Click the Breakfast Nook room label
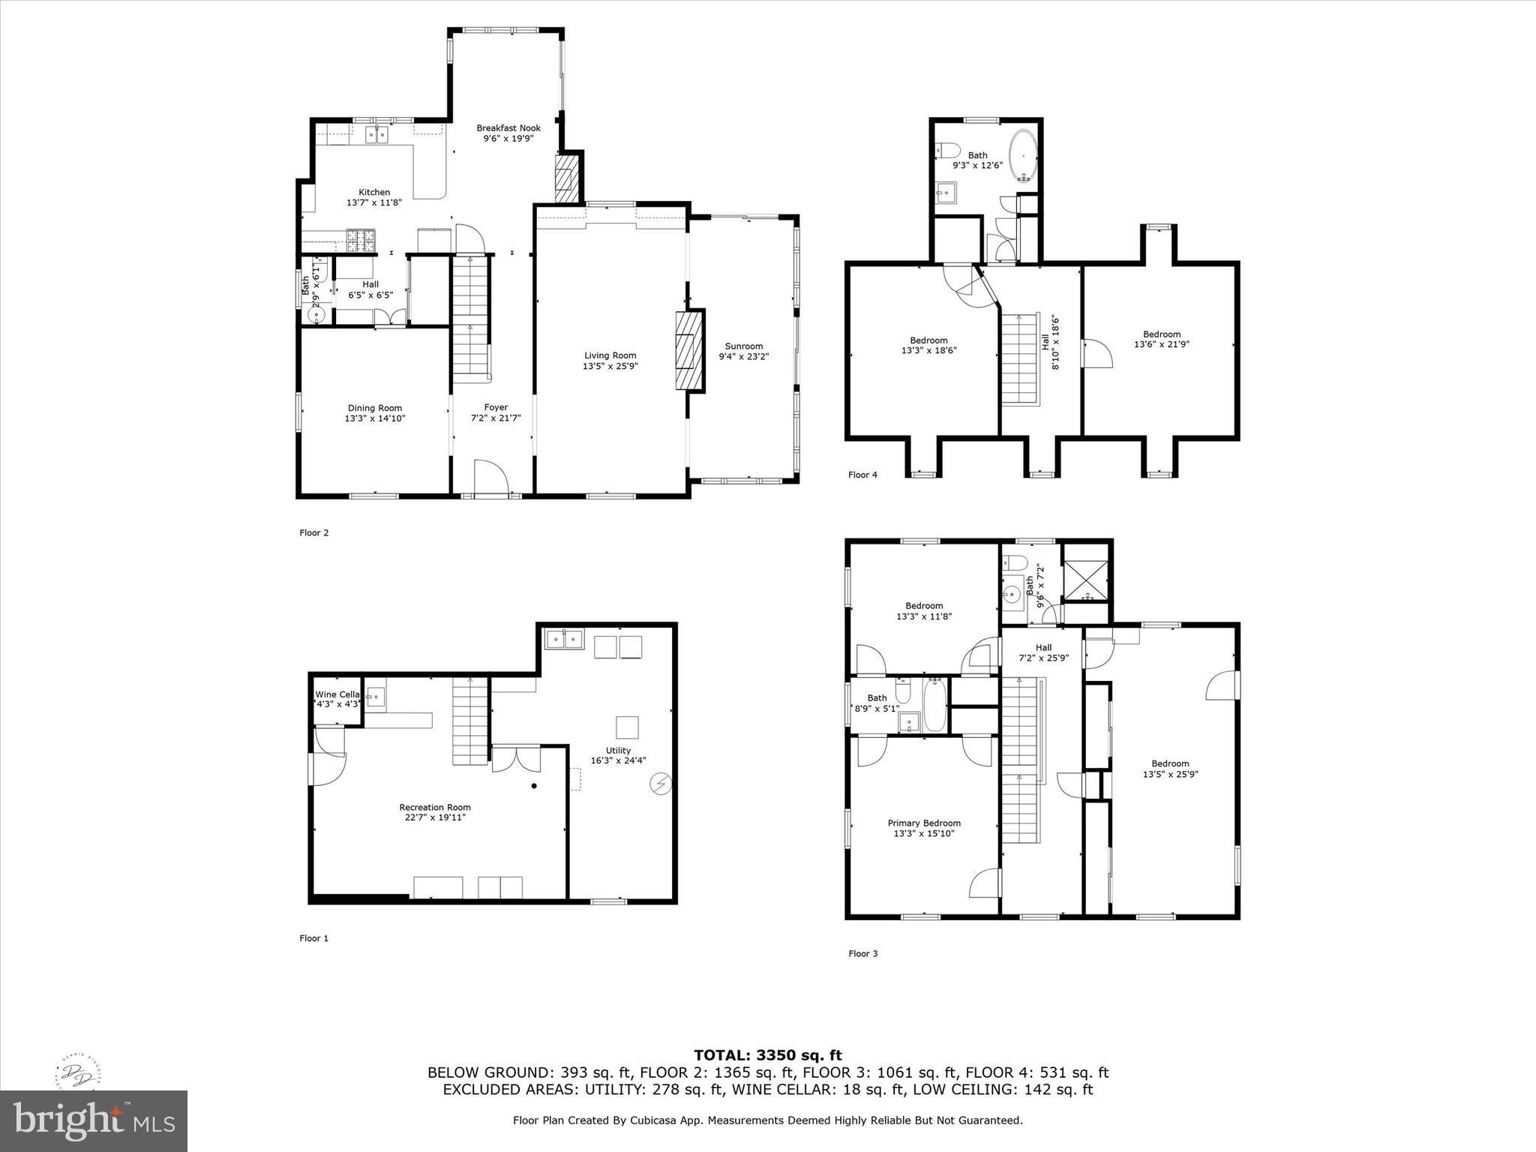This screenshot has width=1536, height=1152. coord(508,128)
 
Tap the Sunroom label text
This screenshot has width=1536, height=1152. coord(743,346)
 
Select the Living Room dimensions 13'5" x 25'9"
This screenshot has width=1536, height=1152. coord(610,367)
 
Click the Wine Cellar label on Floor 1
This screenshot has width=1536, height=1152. coord(337,694)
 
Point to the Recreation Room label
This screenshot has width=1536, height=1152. coord(435,807)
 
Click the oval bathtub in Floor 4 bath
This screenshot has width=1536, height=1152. coord(1024,156)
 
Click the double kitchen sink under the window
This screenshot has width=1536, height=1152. coord(376,135)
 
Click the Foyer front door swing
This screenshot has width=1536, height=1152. coord(491,478)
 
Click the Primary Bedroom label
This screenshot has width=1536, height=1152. coord(924,823)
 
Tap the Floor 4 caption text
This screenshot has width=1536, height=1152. coord(862,475)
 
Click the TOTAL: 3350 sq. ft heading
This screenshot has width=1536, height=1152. coord(767,1056)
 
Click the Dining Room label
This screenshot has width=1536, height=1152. coord(374,408)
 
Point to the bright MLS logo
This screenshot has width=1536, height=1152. coord(94,1121)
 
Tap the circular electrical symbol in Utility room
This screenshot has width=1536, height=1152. coord(661,784)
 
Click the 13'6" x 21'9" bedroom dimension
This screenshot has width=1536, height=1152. coord(1161,345)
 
